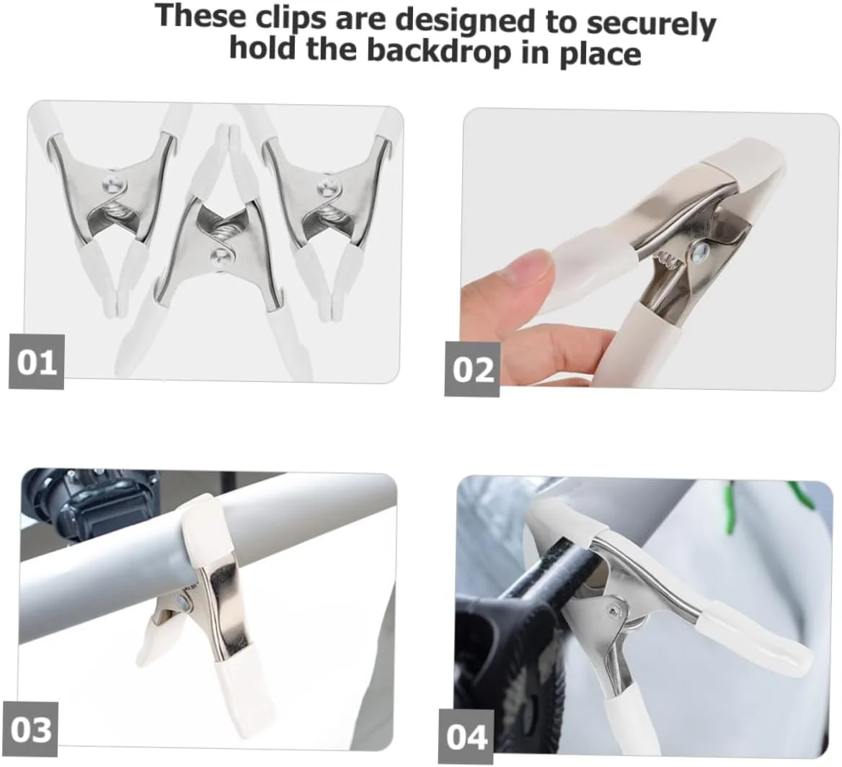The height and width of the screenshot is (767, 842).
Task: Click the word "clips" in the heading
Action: (x=291, y=18)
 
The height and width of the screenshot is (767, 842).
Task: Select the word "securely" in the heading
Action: (x=651, y=25)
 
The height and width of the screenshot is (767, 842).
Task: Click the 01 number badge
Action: (x=37, y=361)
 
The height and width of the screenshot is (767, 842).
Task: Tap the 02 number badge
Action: (x=473, y=369)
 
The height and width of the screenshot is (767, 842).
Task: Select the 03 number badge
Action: (x=30, y=730)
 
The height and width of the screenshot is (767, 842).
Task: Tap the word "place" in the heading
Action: (x=601, y=54)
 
